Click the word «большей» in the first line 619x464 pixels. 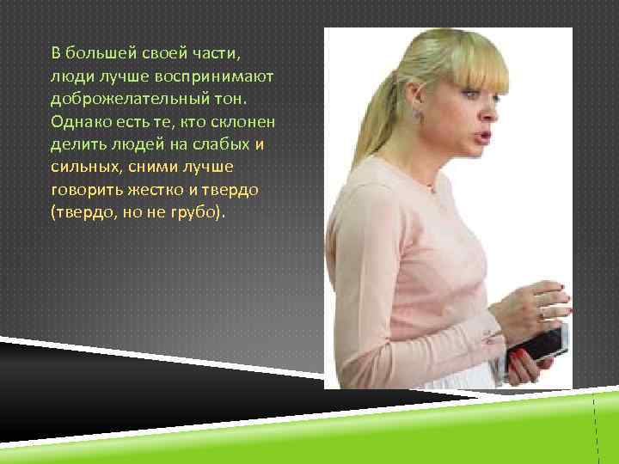pos(96,53)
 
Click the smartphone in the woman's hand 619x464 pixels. pos(543,341)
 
